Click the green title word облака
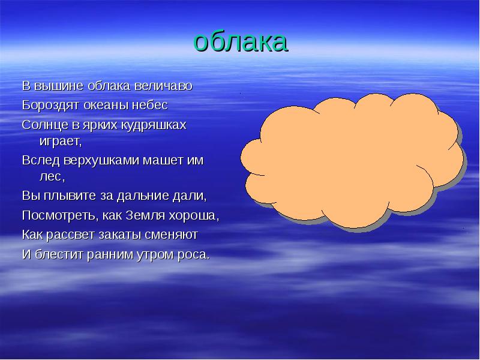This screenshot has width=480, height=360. tap(241, 41)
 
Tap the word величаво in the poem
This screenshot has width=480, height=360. tap(163, 86)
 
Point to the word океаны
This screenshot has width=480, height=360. tap(106, 106)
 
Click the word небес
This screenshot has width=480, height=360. tap(150, 106)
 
